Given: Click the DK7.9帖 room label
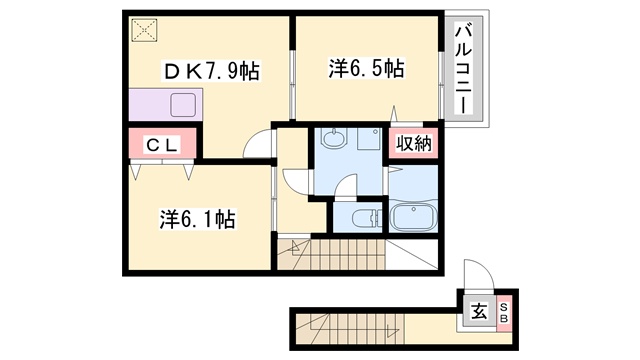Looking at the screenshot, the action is click(x=211, y=71).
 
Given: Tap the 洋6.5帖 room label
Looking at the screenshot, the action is click(x=367, y=68).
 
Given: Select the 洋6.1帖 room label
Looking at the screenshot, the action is click(x=197, y=219).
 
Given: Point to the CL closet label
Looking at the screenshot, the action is click(x=162, y=145).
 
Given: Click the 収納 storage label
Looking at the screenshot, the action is click(x=414, y=143).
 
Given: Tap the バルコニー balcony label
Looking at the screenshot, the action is click(x=463, y=69).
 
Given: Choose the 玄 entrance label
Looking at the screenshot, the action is click(x=479, y=312).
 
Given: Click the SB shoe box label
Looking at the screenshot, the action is click(x=504, y=312).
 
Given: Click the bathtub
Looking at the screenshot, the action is click(x=413, y=216).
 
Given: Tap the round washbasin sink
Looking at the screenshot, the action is click(x=334, y=138).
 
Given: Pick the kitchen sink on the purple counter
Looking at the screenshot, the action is click(x=183, y=105).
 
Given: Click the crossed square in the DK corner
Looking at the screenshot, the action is click(x=144, y=30).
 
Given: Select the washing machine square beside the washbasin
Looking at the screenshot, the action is click(x=369, y=138).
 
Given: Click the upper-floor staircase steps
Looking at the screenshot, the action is click(x=331, y=254).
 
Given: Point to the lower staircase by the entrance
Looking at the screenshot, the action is click(x=350, y=329).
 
